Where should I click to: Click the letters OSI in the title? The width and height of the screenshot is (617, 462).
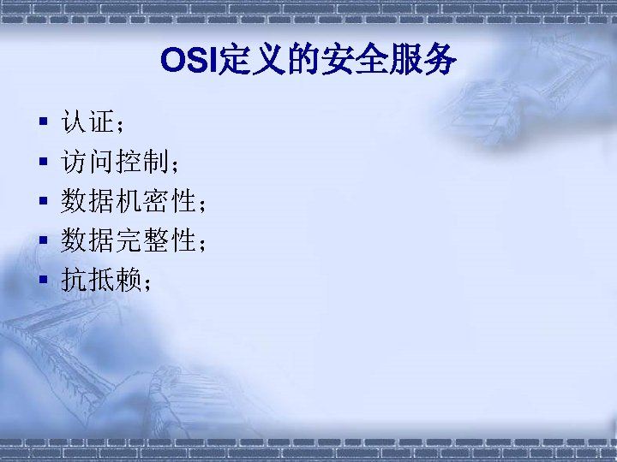(189, 62)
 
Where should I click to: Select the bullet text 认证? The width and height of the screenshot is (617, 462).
(87, 123)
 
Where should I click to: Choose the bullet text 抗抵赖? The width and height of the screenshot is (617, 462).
(100, 280)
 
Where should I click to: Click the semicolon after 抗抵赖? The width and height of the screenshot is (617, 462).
(148, 283)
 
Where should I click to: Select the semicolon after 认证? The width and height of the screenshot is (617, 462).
(121, 127)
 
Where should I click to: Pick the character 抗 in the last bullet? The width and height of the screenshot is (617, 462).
(74, 280)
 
